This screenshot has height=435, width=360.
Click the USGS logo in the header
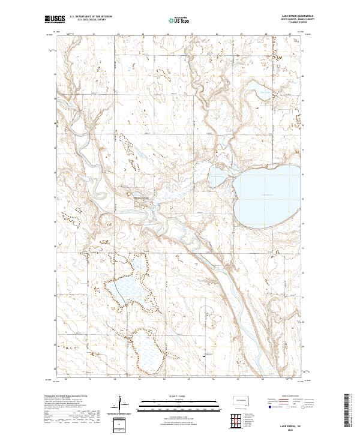click(55, 20)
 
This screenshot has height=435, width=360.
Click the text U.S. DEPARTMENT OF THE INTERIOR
click(91, 17)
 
